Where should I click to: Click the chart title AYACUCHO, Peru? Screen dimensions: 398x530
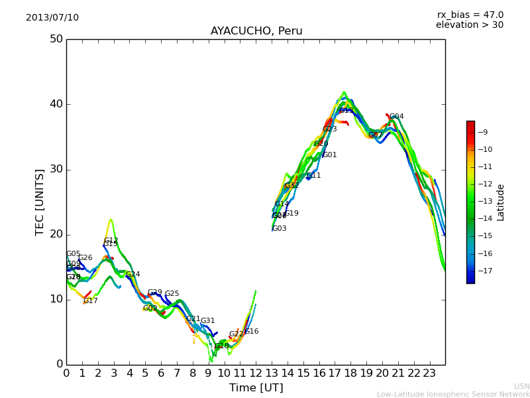(x=256, y=31)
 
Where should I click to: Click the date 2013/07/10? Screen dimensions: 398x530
(x=52, y=17)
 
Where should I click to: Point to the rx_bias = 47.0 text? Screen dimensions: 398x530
(x=470, y=15)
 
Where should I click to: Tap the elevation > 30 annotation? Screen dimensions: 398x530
(x=470, y=25)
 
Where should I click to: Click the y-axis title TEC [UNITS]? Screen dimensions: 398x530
(x=40, y=202)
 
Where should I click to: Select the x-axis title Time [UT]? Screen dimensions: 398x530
(x=256, y=388)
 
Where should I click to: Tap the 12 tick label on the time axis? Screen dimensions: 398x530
(x=256, y=373)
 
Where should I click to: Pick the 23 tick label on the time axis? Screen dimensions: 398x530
(x=429, y=373)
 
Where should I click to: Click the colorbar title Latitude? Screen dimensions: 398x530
(x=501, y=202)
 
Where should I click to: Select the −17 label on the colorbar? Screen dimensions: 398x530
(x=484, y=271)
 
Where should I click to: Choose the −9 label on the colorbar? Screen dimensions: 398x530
(x=484, y=131)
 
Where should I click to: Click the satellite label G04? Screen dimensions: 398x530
(x=396, y=117)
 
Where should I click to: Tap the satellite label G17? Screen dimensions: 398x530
(x=90, y=301)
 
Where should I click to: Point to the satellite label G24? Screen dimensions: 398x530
(x=132, y=275)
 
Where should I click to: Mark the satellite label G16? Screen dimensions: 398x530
(x=252, y=332)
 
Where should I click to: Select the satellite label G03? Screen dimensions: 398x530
(x=280, y=229)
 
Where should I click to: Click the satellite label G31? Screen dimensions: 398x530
(x=207, y=321)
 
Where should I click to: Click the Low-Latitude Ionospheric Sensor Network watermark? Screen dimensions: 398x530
(x=453, y=395)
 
